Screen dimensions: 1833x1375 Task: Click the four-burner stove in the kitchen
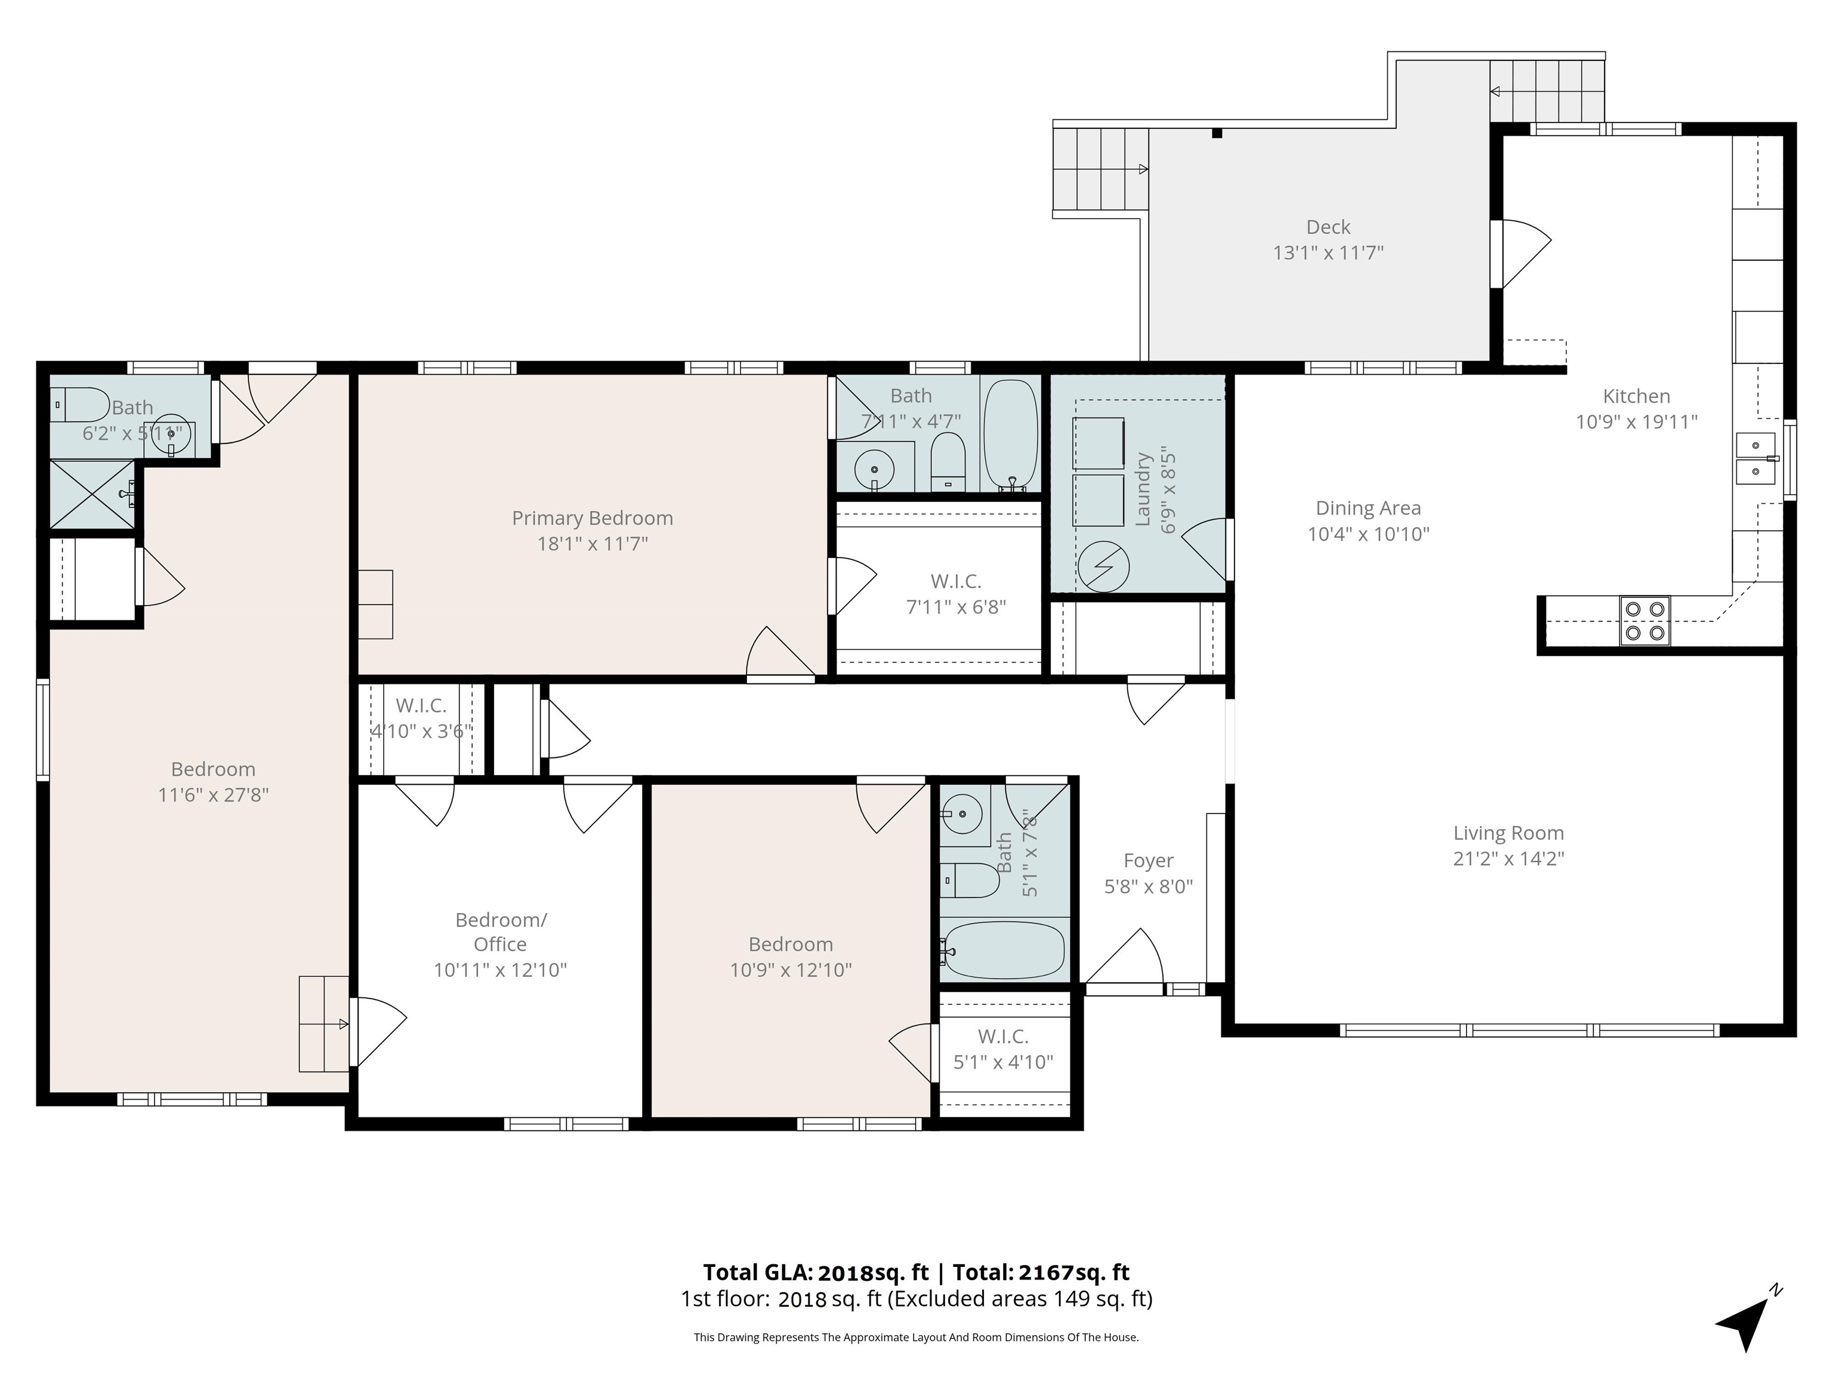click(x=1645, y=621)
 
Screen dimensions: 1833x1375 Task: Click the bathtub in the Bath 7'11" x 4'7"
click(x=1010, y=435)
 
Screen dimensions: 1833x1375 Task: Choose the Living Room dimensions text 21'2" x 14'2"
click(x=1508, y=859)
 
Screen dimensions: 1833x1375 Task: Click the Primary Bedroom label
click(x=593, y=518)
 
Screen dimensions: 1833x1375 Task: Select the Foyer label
click(x=1149, y=861)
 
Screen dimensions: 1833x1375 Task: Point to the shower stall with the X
click(x=92, y=494)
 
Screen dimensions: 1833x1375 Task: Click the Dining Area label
click(x=1368, y=508)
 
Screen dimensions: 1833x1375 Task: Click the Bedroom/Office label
click(x=501, y=932)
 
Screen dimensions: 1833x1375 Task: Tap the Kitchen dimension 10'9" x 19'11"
click(x=1637, y=422)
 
